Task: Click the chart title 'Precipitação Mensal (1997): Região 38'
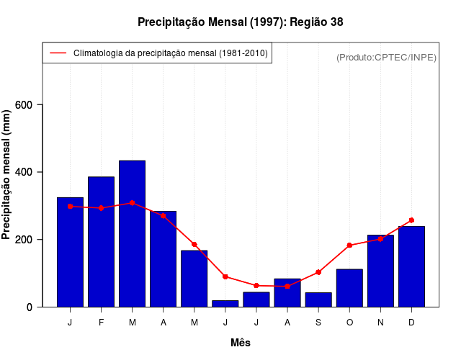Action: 240,22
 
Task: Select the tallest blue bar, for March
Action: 132,234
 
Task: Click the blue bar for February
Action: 101,242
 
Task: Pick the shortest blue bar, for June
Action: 225,304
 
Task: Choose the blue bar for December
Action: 411,266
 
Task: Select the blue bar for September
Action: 318,300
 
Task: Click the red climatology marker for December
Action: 411,220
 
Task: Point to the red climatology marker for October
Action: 349,246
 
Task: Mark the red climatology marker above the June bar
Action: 225,276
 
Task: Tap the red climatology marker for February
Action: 101,208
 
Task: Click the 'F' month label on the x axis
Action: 101,323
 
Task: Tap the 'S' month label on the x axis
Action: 318,323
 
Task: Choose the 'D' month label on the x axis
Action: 411,323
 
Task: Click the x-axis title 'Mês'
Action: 240,343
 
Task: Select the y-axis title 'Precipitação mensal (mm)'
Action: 7,174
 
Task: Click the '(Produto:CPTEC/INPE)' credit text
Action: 386,57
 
